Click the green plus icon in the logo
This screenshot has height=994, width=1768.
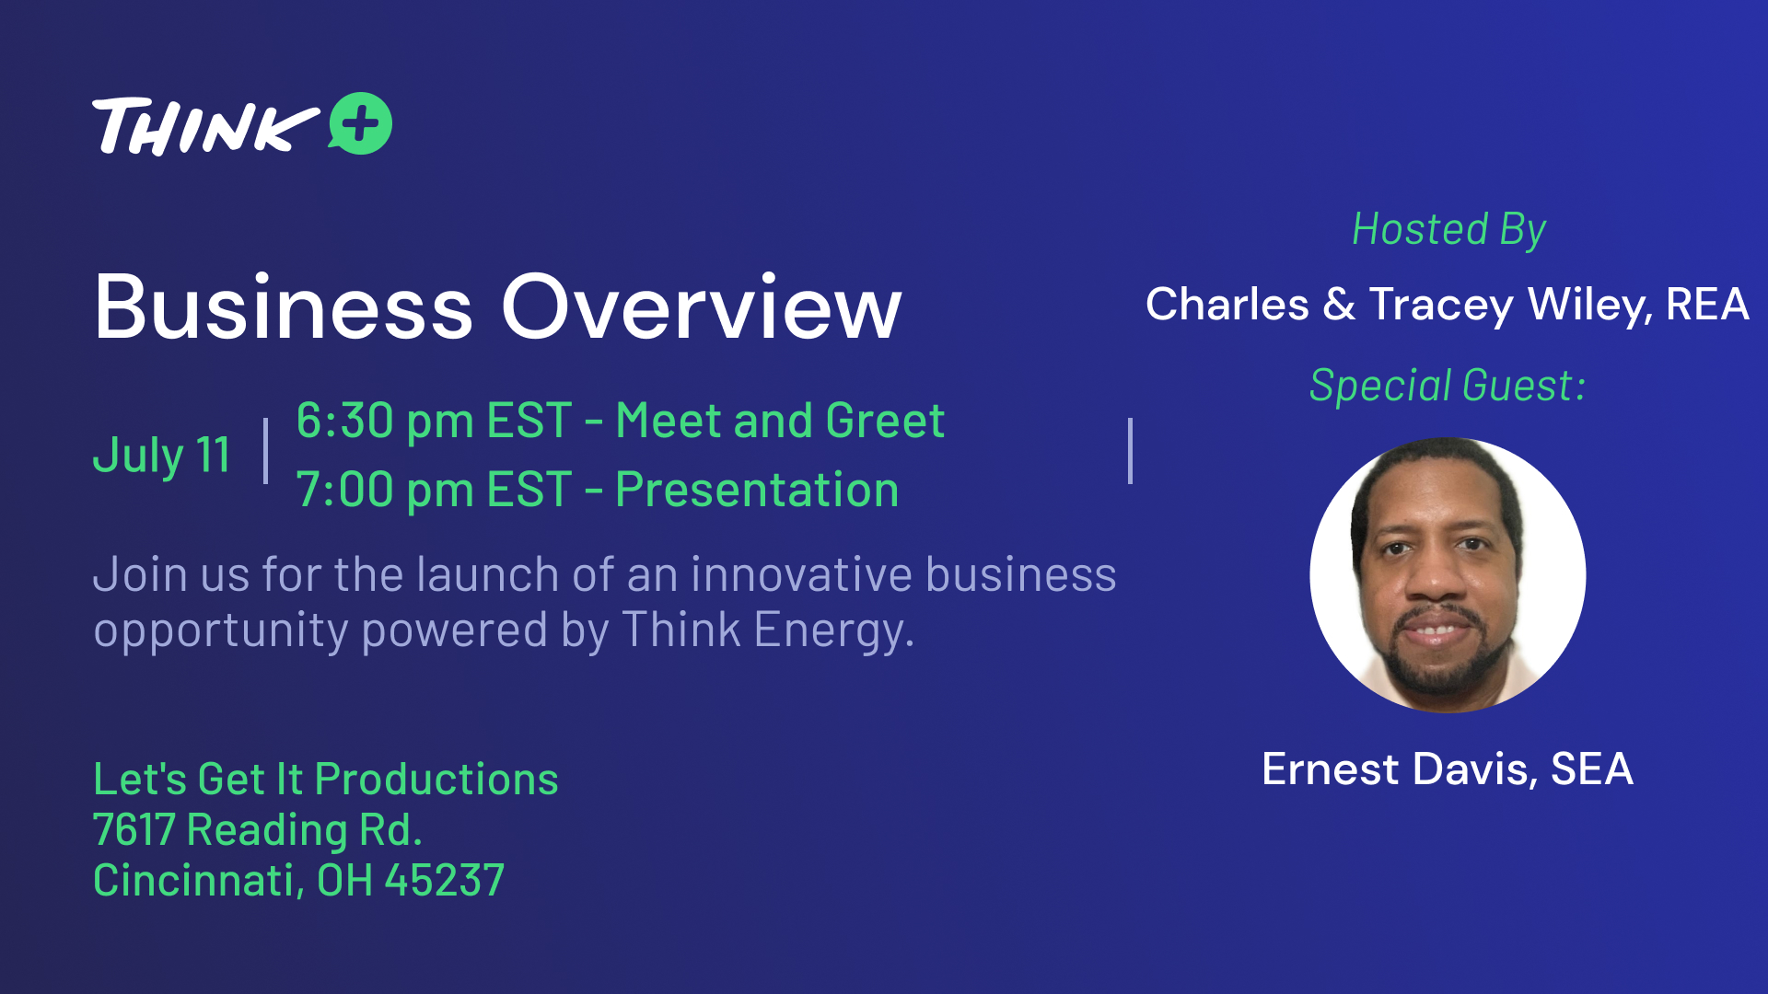click(x=361, y=123)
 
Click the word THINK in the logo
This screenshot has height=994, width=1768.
click(x=204, y=126)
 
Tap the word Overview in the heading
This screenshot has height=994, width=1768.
click(x=702, y=306)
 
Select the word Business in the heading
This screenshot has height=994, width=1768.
click(x=284, y=306)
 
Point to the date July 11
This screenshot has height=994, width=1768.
click(x=162, y=455)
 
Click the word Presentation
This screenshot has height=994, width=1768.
click(x=757, y=490)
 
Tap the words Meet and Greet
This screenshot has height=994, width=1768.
click(x=780, y=421)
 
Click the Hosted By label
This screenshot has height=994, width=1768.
click(x=1448, y=230)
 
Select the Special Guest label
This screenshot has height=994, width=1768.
click(x=1448, y=386)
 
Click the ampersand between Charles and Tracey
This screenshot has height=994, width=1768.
click(x=1339, y=305)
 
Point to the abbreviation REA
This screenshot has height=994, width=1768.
click(x=1707, y=305)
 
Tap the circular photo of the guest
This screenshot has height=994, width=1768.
click(x=1448, y=575)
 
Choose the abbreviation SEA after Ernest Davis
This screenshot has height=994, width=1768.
click(x=1592, y=769)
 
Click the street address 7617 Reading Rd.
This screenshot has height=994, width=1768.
click(x=258, y=830)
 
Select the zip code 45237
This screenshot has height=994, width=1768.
click(x=445, y=881)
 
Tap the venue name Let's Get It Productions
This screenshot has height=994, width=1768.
click(x=326, y=780)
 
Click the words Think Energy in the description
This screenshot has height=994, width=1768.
click(x=768, y=631)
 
